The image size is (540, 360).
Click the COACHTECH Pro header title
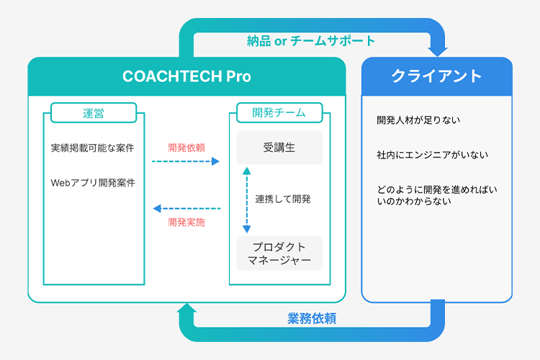[186, 76]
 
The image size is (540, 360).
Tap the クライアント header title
[436, 76]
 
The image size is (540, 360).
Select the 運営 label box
[94, 112]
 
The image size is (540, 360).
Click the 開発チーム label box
[279, 112]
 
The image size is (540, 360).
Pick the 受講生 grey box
[279, 148]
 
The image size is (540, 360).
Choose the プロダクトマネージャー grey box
[279, 253]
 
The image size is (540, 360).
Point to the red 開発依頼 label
[186, 148]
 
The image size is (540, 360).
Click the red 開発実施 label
[186, 222]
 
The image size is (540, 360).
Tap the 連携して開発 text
[283, 199]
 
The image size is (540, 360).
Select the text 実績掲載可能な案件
[92, 148]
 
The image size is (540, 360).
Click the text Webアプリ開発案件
[93, 183]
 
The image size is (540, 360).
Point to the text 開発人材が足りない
[418, 120]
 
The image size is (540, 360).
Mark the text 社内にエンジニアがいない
[432, 155]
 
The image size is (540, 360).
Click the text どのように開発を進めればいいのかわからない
[437, 195]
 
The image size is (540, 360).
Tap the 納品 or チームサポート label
[311, 41]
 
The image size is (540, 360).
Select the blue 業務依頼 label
[312, 318]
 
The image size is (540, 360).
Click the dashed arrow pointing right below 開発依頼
[186, 161]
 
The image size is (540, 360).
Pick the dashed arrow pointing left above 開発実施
[186, 208]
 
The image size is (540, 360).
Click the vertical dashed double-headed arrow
[246, 200]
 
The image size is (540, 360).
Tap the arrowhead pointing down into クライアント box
[437, 53]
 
